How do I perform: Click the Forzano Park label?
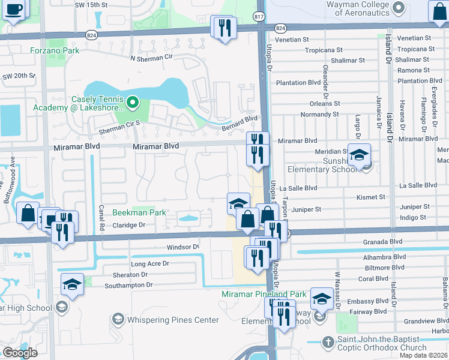point(55,50)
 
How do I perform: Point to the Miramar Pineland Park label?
point(264,294)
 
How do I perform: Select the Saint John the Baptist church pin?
point(328,342)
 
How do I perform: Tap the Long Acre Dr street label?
point(150,263)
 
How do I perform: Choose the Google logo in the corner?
point(20,353)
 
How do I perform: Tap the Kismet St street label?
point(370,197)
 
